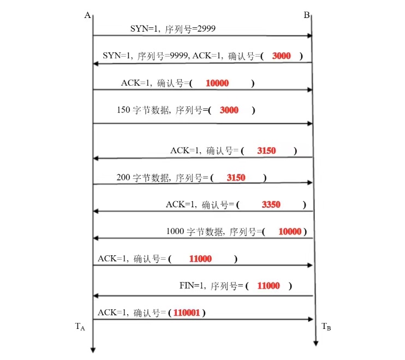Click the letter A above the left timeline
[x=87, y=15]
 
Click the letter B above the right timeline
[x=307, y=15]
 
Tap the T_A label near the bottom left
[x=80, y=327]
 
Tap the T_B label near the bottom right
[x=326, y=327]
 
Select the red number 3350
[x=271, y=205]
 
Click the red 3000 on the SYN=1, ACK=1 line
[x=281, y=56]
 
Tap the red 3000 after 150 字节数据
[x=229, y=110]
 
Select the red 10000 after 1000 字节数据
[x=290, y=231]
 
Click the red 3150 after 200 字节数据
[x=236, y=178]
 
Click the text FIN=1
[x=192, y=285]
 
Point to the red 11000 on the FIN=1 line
[x=268, y=285]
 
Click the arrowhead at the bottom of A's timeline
[x=93, y=349]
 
